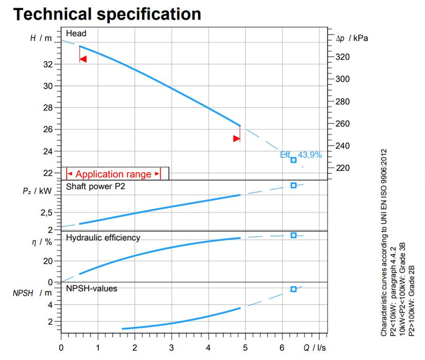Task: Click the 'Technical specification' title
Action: coord(107,14)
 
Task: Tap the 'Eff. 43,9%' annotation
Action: coord(301,154)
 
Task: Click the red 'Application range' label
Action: coord(113,174)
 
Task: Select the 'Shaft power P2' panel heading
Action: coord(95,186)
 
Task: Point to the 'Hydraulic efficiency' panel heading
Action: coord(103,237)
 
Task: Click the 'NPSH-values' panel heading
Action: coord(92,289)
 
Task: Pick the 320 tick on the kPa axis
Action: coord(342,57)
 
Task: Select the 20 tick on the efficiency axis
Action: coord(49,261)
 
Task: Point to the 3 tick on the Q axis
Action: coord(171,348)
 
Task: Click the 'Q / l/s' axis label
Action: coord(314,348)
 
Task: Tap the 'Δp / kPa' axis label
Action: coord(352,38)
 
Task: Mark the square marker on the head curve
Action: coord(293,160)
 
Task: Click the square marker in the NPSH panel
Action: coord(293,289)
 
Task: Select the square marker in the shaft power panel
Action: coord(293,185)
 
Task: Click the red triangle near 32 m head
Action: coord(83,59)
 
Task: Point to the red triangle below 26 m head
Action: coord(236,138)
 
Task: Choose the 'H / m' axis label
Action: coord(41,38)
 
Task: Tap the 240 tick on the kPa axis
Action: coord(342,146)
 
